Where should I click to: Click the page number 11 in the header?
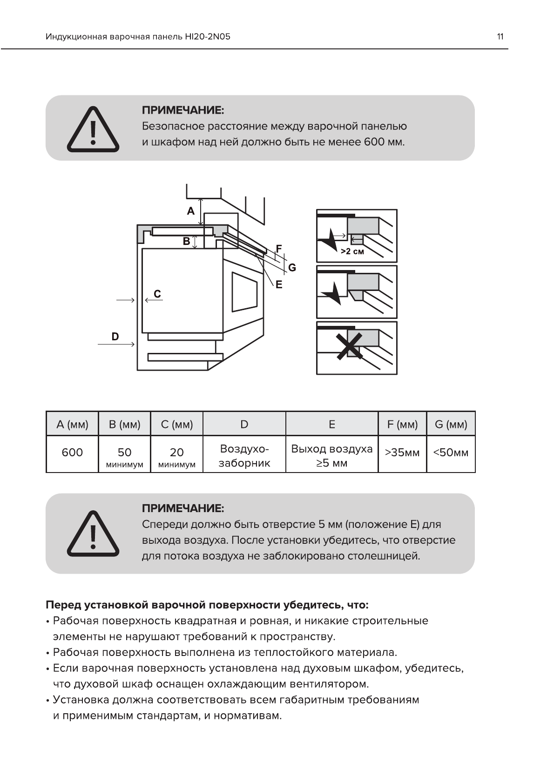click(500, 37)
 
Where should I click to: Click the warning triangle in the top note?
click(93, 129)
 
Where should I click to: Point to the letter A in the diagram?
click(190, 211)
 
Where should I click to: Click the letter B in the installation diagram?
click(186, 241)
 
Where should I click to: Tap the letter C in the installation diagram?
click(157, 294)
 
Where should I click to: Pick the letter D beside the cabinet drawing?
click(115, 336)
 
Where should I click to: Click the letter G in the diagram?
click(292, 268)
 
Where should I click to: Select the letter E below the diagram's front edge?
click(279, 284)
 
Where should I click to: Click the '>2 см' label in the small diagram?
click(352, 251)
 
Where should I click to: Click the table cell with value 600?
click(72, 453)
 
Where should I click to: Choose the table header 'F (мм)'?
click(402, 424)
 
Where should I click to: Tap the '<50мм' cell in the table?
click(451, 453)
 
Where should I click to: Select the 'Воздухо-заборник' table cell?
click(244, 456)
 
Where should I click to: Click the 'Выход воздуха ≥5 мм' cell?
click(332, 456)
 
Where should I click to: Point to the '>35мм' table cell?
click(402, 453)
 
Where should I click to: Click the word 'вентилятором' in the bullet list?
click(329, 684)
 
